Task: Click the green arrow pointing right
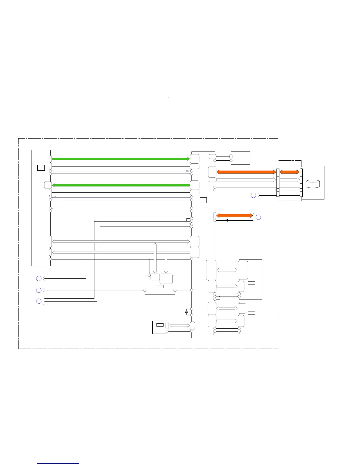coord(121,159)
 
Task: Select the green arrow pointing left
coord(121,185)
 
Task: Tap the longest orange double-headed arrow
coord(246,172)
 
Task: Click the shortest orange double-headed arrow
coord(289,172)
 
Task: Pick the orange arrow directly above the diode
coord(234,215)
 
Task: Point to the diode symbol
coord(226,220)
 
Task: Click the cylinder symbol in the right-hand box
coord(313,184)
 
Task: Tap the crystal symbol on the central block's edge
coord(187,312)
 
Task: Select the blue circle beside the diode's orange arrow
coord(258,217)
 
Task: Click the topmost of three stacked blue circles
coord(39,278)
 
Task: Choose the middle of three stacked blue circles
coord(39,290)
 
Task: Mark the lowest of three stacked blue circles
coord(39,301)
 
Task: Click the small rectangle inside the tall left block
coord(41,168)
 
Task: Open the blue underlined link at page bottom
coord(58,463)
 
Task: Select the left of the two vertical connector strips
coord(278,182)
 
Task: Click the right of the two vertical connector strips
coord(301,182)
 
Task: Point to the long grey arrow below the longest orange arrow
coord(246,179)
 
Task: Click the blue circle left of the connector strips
coord(253,195)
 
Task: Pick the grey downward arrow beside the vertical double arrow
coord(166,263)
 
